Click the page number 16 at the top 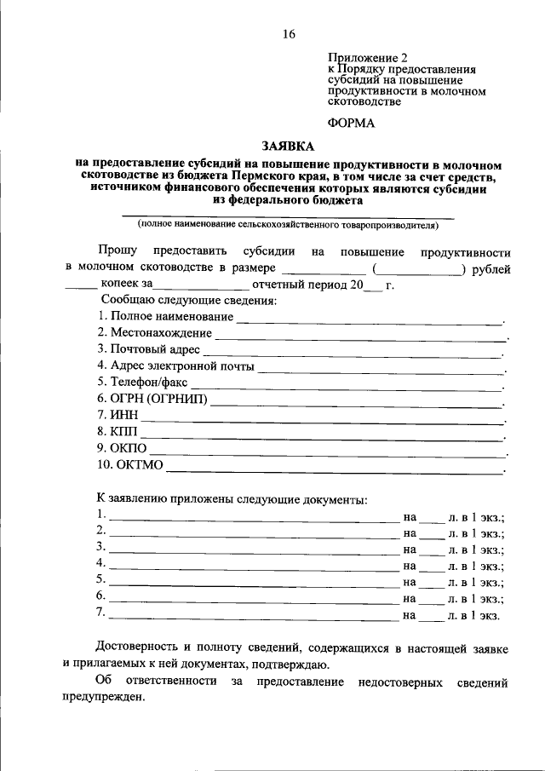click(x=288, y=34)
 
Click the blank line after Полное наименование click(x=369, y=322)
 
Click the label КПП click(x=123, y=432)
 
